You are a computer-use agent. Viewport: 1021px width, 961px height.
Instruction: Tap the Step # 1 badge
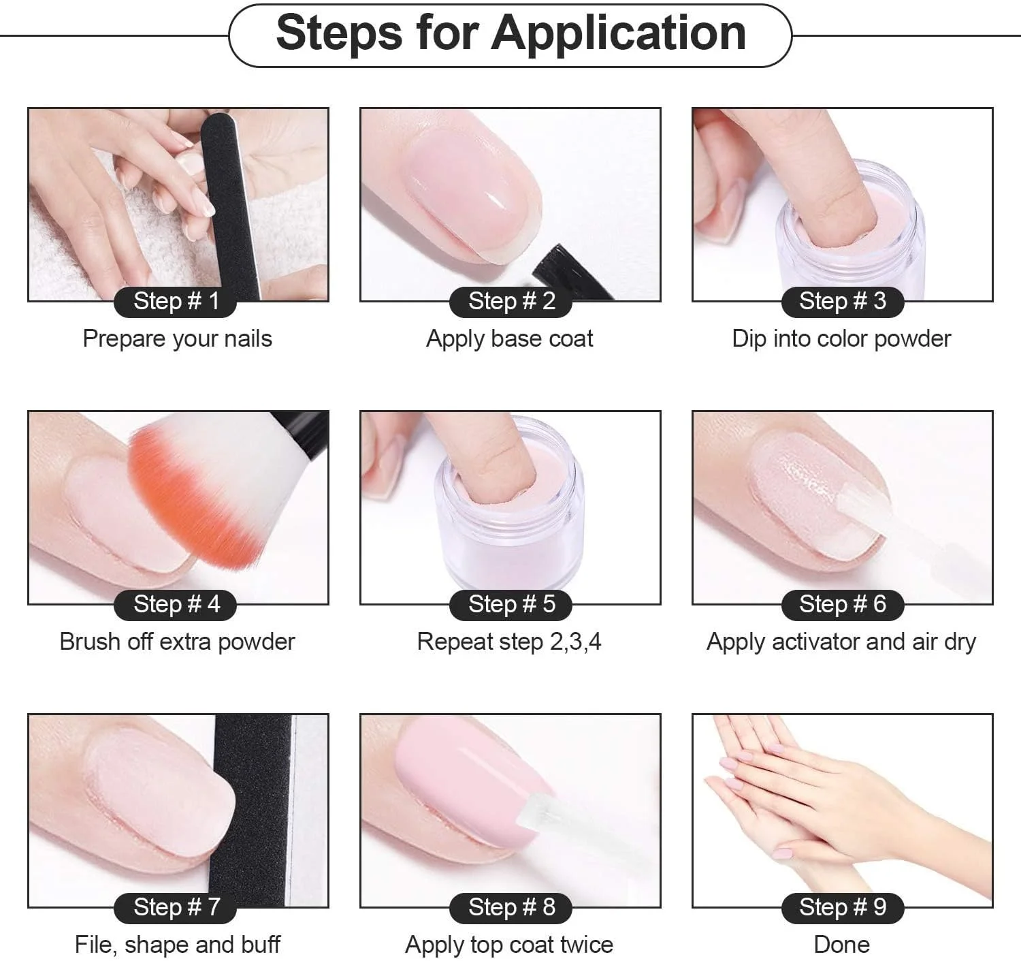[x=176, y=302]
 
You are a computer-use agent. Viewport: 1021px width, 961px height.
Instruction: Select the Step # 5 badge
[x=510, y=605]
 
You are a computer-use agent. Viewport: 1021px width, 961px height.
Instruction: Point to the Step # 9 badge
[x=843, y=908]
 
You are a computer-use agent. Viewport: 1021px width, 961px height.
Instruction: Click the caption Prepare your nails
[x=178, y=339]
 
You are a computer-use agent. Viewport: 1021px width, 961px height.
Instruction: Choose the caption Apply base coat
[x=509, y=339]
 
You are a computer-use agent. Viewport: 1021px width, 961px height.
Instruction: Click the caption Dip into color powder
[x=841, y=339]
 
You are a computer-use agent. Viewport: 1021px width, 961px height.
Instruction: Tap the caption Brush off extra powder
[x=178, y=642]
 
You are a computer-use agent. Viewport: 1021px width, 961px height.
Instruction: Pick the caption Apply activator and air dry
[x=841, y=642]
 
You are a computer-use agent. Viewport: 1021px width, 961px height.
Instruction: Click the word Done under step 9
[x=841, y=945]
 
